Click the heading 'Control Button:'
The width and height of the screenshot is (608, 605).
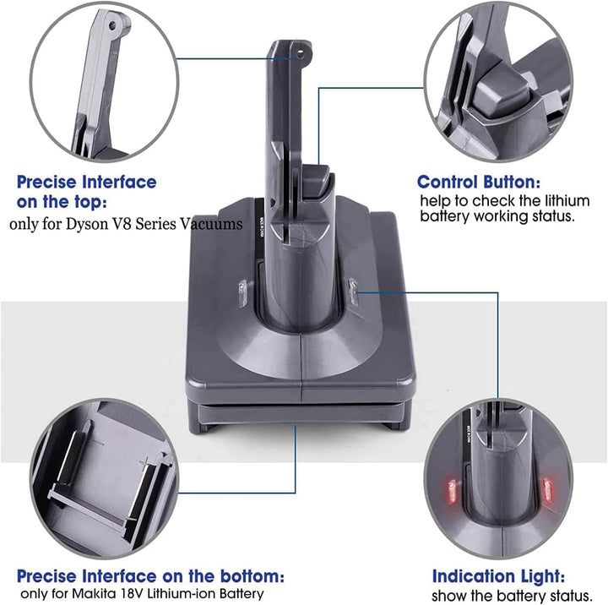pos(479,182)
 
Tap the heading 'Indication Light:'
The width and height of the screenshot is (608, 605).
pos(499,576)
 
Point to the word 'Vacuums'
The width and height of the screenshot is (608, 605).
pos(215,225)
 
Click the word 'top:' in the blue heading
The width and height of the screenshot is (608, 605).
pos(87,202)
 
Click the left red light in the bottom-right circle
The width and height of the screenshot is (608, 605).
pos(448,489)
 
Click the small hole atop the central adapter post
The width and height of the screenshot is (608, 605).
pos(298,57)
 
